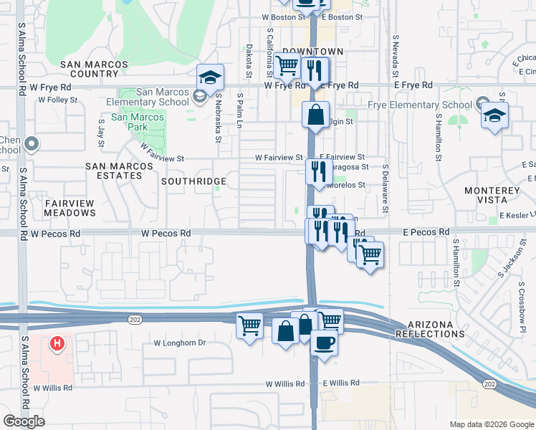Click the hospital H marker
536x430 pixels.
(57, 344)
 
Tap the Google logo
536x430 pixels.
(24, 421)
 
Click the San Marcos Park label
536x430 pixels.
(138, 117)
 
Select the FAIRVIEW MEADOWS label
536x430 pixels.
(70, 208)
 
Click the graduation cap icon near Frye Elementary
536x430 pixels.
(494, 115)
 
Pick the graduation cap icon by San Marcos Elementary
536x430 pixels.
(210, 77)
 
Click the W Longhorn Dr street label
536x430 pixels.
(179, 343)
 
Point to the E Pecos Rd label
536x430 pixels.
(426, 232)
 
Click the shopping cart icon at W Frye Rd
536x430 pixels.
(287, 65)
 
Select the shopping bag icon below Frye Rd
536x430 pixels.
(315, 115)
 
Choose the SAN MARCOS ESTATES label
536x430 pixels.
(119, 171)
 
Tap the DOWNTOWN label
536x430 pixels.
(312, 52)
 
